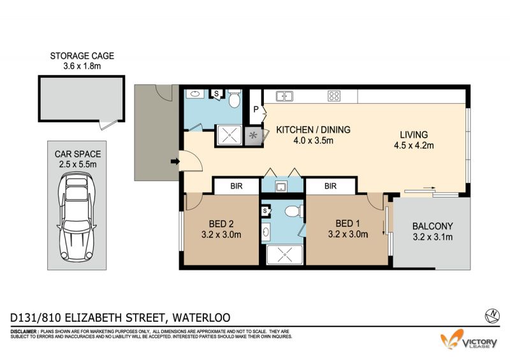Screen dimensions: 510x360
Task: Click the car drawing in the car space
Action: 76,217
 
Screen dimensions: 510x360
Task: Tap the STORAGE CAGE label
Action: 82,56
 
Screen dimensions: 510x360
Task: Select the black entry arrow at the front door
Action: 175,161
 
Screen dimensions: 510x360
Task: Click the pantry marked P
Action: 256,110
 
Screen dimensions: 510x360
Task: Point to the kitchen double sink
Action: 284,96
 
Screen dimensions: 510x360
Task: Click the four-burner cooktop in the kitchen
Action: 334,96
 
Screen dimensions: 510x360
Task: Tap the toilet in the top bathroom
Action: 234,99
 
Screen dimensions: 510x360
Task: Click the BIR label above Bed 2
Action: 237,186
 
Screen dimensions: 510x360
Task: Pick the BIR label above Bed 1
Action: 330,186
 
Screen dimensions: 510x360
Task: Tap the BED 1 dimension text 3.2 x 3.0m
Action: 348,234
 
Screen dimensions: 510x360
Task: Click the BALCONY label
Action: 433,226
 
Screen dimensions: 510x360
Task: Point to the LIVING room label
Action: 414,134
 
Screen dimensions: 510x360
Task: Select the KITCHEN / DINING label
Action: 313,130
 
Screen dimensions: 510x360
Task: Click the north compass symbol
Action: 492,315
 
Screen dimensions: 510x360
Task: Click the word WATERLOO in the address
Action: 201,317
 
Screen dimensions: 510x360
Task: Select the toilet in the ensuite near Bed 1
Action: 294,212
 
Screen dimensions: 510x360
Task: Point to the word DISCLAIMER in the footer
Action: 24,332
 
